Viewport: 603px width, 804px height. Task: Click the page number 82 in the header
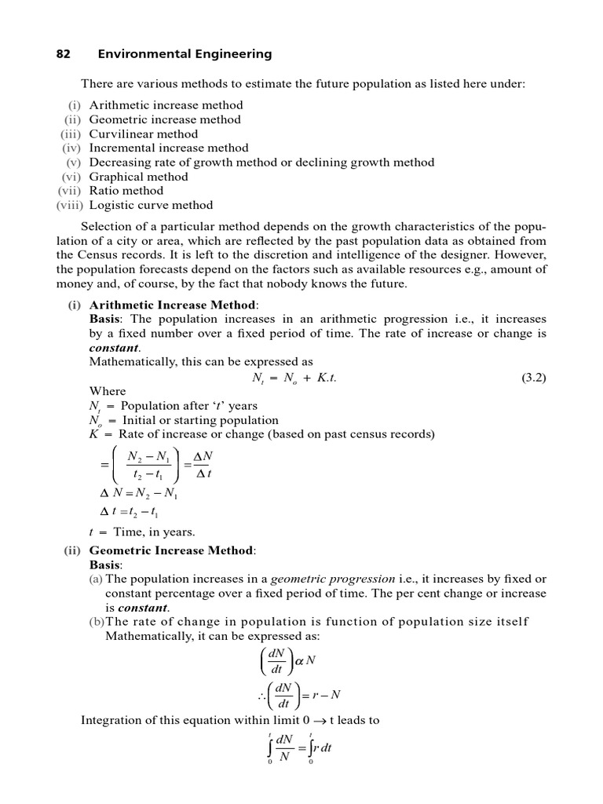(64, 54)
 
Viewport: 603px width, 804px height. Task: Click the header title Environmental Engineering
(185, 54)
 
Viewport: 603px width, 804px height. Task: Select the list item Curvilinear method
(144, 133)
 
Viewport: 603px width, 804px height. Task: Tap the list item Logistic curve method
(151, 205)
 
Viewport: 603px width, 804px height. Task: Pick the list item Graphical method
(139, 177)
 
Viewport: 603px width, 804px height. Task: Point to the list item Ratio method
(126, 191)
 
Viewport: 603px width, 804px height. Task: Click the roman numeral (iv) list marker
(71, 148)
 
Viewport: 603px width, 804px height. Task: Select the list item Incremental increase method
(169, 148)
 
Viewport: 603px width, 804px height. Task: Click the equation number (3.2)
(533, 377)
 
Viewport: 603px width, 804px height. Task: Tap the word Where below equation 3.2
(107, 391)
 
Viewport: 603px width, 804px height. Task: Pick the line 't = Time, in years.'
(142, 532)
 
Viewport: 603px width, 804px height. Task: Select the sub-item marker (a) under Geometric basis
(96, 579)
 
